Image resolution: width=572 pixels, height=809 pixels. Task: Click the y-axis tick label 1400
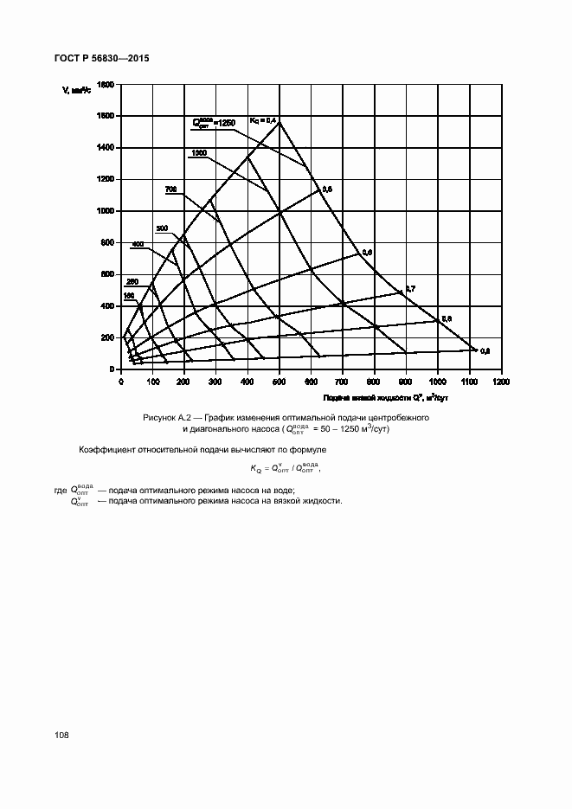pyautogui.click(x=103, y=148)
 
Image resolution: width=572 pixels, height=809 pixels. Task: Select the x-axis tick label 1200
pyautogui.click(x=500, y=382)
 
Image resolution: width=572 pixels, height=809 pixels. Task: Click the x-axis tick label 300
pyautogui.click(x=215, y=382)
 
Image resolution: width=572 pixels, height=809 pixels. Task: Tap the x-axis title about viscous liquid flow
pyautogui.click(x=385, y=397)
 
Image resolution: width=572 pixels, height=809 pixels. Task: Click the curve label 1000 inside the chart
pyautogui.click(x=198, y=153)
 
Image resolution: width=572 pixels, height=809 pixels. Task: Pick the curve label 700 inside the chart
pyautogui.click(x=170, y=189)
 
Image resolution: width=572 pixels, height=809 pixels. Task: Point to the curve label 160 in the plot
pyautogui.click(x=129, y=296)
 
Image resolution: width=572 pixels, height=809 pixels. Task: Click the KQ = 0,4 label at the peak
pyautogui.click(x=262, y=119)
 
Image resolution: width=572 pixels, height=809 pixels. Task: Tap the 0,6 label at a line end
pyautogui.click(x=367, y=252)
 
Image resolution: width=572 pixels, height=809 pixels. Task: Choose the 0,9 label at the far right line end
pyautogui.click(x=485, y=350)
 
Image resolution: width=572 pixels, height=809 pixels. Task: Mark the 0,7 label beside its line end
pyautogui.click(x=410, y=287)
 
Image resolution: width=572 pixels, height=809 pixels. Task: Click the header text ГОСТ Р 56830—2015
pyautogui.click(x=96, y=59)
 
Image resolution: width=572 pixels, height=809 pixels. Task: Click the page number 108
pyautogui.click(x=61, y=735)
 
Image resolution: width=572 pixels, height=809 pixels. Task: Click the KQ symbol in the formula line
pyautogui.click(x=256, y=469)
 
